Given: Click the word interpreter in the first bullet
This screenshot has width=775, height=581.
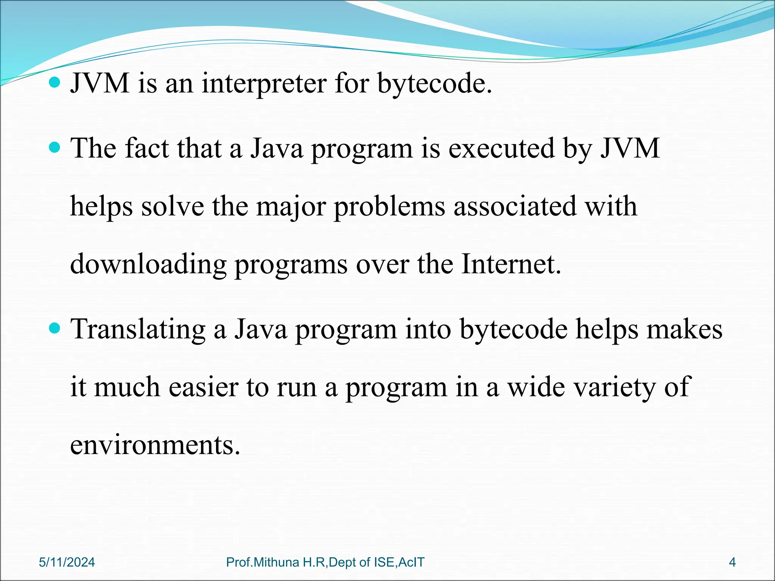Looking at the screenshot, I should click(x=264, y=83).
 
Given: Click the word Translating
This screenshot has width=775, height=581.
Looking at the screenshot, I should click(x=139, y=329).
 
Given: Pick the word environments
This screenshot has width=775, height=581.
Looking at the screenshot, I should click(x=155, y=445).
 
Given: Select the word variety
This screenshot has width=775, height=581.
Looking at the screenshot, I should click(x=619, y=387).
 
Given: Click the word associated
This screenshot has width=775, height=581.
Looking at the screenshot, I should click(x=515, y=206).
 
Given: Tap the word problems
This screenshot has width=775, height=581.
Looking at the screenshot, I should click(x=389, y=206).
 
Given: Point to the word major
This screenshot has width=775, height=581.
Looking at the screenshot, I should click(x=291, y=206).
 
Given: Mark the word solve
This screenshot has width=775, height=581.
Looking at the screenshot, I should click(x=173, y=206).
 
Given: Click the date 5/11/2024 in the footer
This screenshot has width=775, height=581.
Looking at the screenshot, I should click(x=67, y=562).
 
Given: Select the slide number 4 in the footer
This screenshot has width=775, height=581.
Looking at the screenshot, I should click(x=732, y=562).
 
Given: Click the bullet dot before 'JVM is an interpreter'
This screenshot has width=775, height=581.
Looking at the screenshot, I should click(x=55, y=82).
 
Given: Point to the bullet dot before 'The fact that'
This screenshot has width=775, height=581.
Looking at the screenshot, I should click(x=55, y=147).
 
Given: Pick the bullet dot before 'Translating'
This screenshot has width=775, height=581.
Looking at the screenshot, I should click(x=55, y=328).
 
